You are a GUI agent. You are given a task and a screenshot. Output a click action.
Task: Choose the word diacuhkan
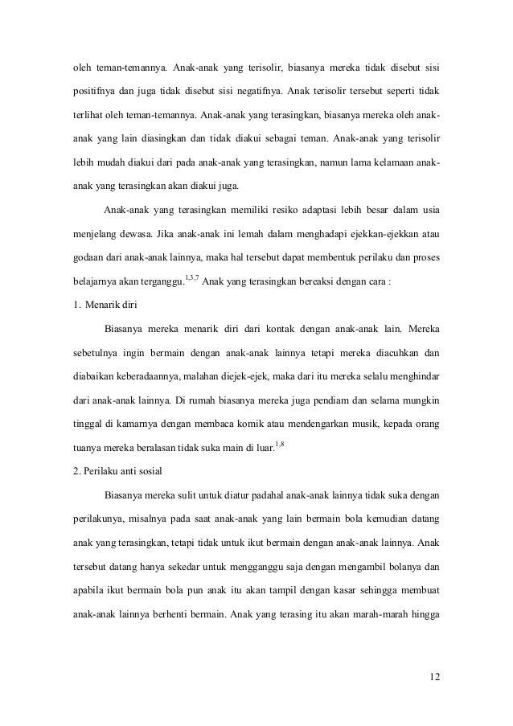[x=392, y=353]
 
